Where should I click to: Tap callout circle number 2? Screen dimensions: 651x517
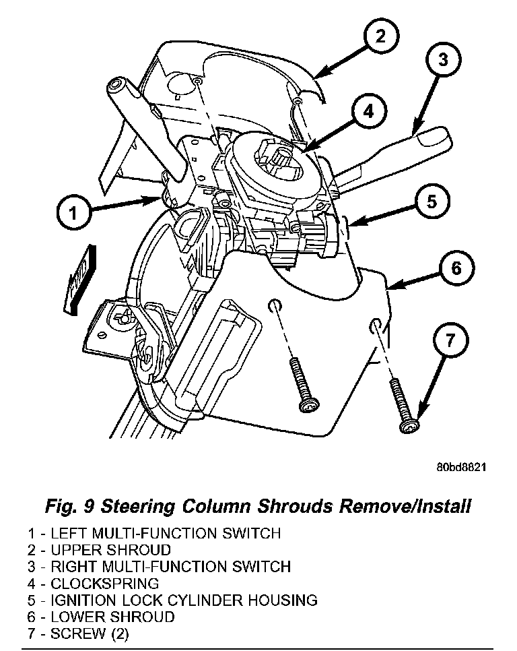380,36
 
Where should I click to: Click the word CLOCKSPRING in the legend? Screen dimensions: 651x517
104,583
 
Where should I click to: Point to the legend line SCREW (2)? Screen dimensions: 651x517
88,633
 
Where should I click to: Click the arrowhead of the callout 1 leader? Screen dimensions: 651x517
158,199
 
